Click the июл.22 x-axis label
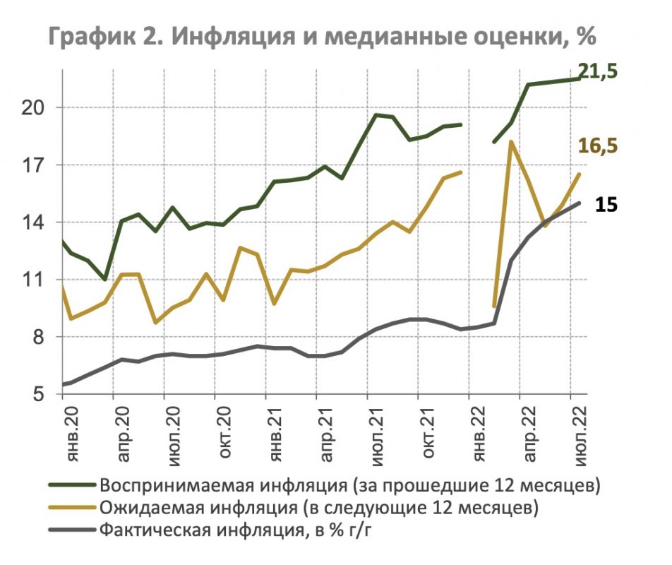coord(580,429)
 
